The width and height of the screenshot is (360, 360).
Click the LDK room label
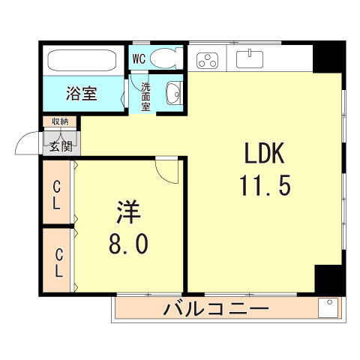click(x=262, y=154)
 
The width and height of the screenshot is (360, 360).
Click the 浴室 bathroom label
click(x=81, y=94)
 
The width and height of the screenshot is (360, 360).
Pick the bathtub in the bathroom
click(x=81, y=61)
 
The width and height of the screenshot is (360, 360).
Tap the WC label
click(x=139, y=58)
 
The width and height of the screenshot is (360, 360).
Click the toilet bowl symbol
click(x=163, y=58)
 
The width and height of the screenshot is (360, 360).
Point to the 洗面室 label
click(x=146, y=97)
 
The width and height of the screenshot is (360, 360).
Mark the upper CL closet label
click(x=57, y=193)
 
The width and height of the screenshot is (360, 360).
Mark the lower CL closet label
click(x=57, y=260)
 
